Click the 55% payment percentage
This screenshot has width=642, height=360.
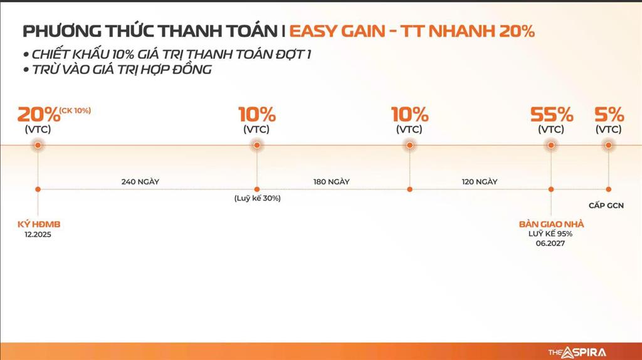pyautogui.click(x=552, y=115)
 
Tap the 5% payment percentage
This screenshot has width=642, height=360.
pyautogui.click(x=609, y=115)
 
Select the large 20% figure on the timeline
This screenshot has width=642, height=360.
pyautogui.click(x=38, y=115)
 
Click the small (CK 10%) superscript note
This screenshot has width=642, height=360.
pyautogui.click(x=75, y=110)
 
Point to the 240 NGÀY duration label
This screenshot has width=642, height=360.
pyautogui.click(x=140, y=181)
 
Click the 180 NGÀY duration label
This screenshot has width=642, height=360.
pyautogui.click(x=331, y=181)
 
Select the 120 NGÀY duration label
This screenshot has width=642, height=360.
pyautogui.click(x=479, y=181)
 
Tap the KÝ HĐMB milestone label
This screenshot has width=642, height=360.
pyautogui.click(x=39, y=224)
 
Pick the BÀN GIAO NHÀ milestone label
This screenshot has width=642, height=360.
pyautogui.click(x=550, y=224)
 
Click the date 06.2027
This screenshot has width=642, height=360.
pyautogui.click(x=550, y=243)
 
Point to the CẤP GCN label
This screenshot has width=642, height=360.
pyautogui.click(x=606, y=205)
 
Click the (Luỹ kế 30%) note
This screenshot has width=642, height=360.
pyautogui.click(x=257, y=198)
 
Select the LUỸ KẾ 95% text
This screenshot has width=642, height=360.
pyautogui.click(x=550, y=234)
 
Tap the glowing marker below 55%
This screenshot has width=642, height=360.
pyautogui.click(x=551, y=145)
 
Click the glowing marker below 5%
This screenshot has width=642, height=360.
pyautogui.click(x=608, y=145)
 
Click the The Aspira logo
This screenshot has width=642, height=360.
pyautogui.click(x=577, y=352)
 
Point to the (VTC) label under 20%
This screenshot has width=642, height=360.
pyautogui.click(x=38, y=130)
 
